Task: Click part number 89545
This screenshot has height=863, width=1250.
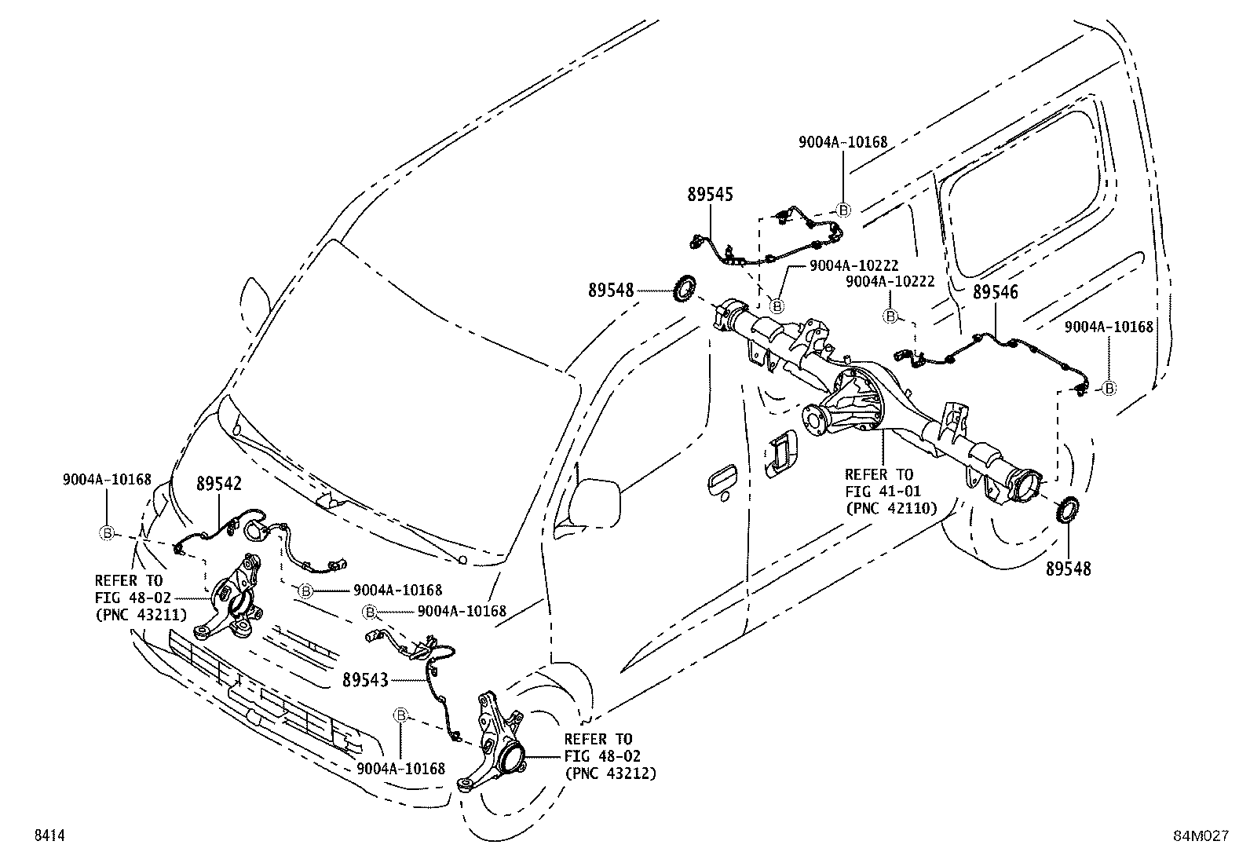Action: [x=710, y=194]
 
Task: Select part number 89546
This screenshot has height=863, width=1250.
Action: [x=995, y=293]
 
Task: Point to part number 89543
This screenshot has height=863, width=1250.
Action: [x=365, y=680]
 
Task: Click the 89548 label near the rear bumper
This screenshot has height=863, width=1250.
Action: [x=1068, y=569]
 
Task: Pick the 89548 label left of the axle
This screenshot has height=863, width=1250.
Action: [x=611, y=291]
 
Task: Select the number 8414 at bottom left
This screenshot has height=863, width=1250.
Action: [x=48, y=837]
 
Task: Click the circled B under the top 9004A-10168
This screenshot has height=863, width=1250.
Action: [x=843, y=210]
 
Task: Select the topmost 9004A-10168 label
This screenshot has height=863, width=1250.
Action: [x=842, y=142]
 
